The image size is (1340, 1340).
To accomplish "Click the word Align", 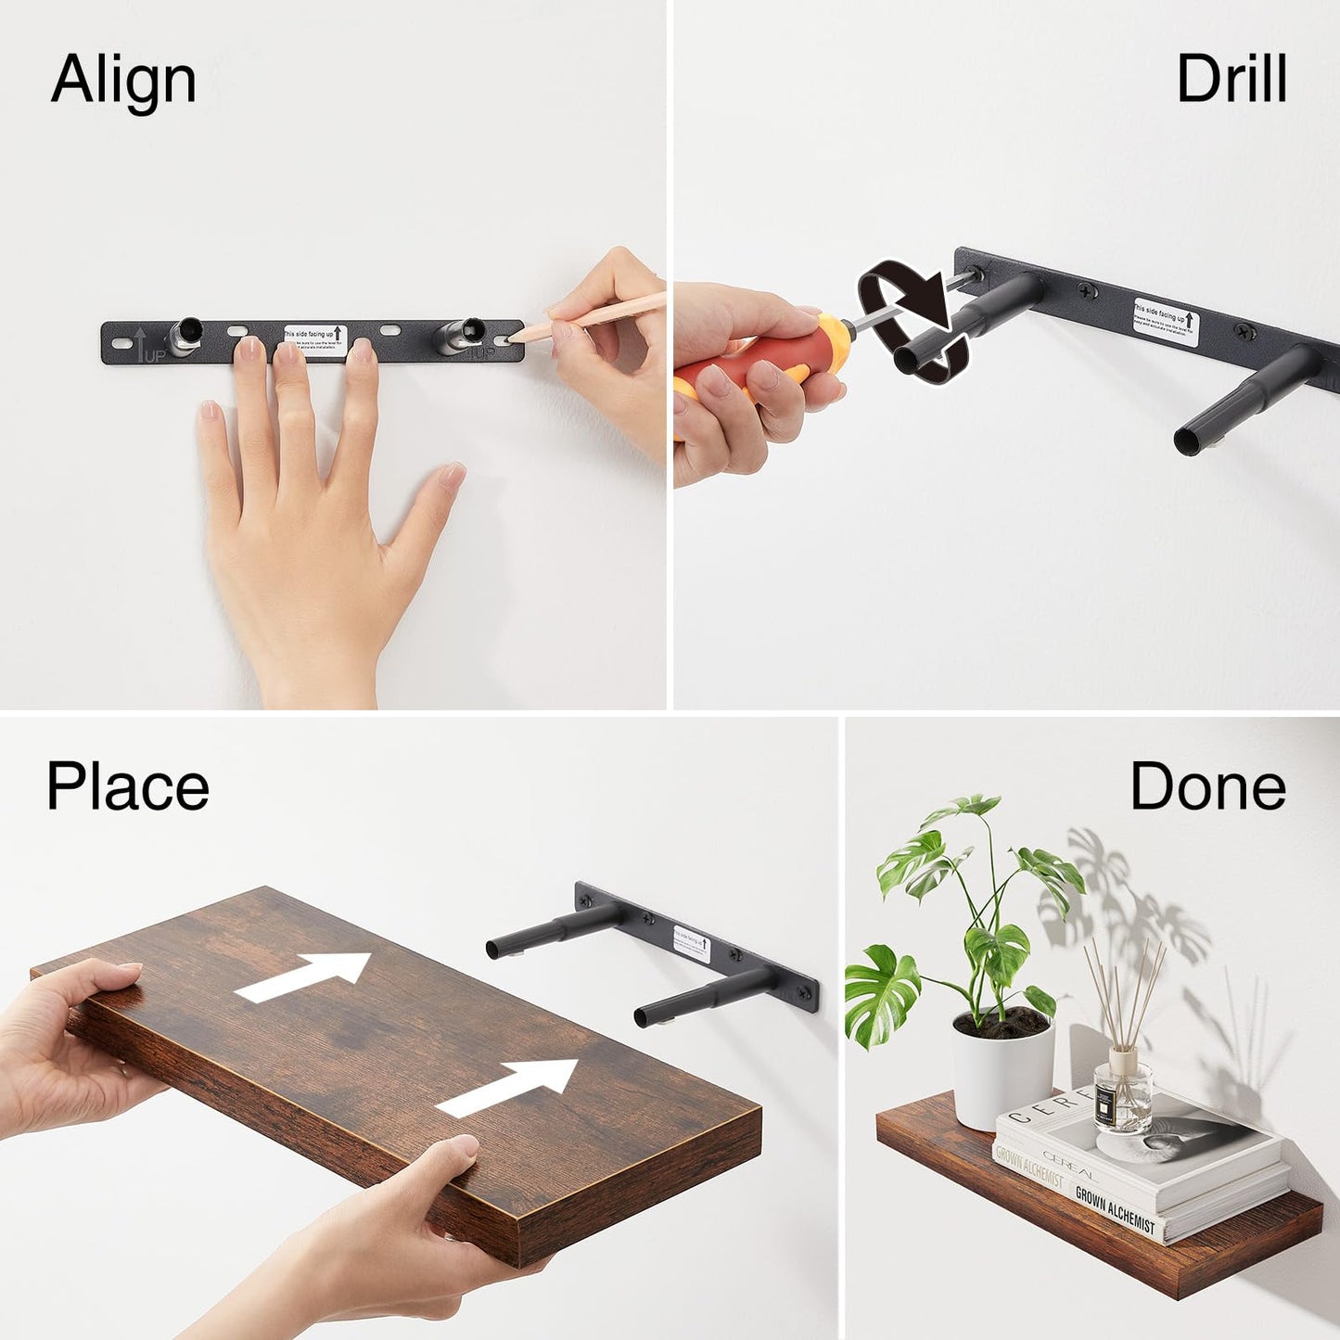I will coord(123,81).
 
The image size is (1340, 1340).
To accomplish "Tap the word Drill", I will coord(1231,80).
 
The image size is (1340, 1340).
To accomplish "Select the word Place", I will coord(128,787).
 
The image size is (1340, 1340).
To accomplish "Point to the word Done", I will coord(1207,787).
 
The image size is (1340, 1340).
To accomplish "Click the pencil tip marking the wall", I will coord(517,337).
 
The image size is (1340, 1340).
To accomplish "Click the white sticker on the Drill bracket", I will coord(1166,321).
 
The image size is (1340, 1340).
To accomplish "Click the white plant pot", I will coord(1002,1071).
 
